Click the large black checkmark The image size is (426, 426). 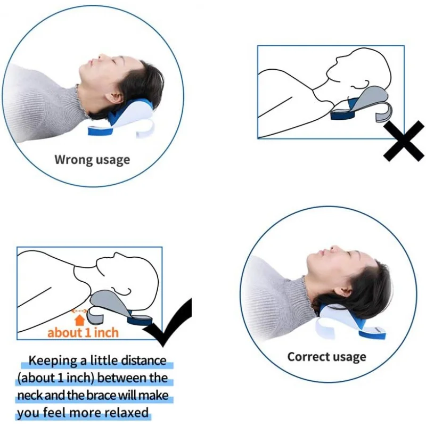169,325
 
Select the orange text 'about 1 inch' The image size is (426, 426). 83,333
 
